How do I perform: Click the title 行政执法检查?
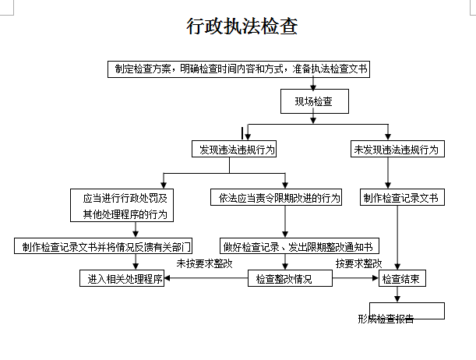click(x=242, y=26)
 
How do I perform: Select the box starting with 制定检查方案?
click(x=238, y=69)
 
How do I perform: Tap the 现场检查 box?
click(x=312, y=101)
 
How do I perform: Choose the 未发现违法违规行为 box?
click(x=397, y=149)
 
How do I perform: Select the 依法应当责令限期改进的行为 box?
click(x=276, y=198)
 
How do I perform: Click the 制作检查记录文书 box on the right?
click(x=400, y=198)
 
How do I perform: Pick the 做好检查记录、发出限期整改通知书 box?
click(x=300, y=246)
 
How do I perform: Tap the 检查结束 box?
click(x=402, y=278)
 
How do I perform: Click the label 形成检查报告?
click(x=386, y=319)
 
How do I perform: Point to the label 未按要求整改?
click(x=204, y=263)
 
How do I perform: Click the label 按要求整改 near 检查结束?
click(x=359, y=263)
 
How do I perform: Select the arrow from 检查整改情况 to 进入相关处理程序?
click(x=206, y=278)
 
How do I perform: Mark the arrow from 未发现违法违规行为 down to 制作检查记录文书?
click(x=389, y=173)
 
